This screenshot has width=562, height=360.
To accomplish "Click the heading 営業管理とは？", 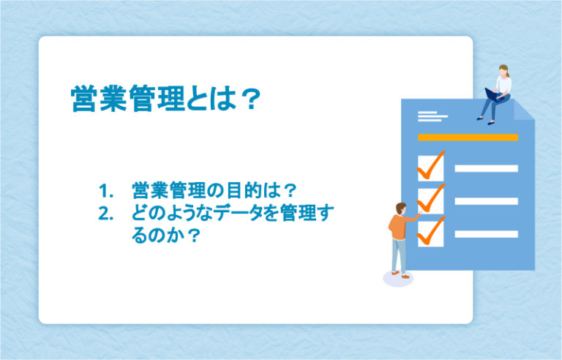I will pyautogui.click(x=165, y=100).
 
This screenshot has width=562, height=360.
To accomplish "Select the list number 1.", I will pyautogui.click(x=107, y=192).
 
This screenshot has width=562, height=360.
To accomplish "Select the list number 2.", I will pyautogui.click(x=107, y=214).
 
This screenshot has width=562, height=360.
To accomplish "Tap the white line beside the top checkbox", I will pyautogui.click(x=486, y=168).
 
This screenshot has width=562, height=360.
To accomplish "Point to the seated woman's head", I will pyautogui.click(x=504, y=70).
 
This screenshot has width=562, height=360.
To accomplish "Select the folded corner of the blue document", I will pyautogui.click(x=524, y=110).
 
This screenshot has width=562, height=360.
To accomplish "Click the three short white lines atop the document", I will pyautogui.click(x=432, y=116).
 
